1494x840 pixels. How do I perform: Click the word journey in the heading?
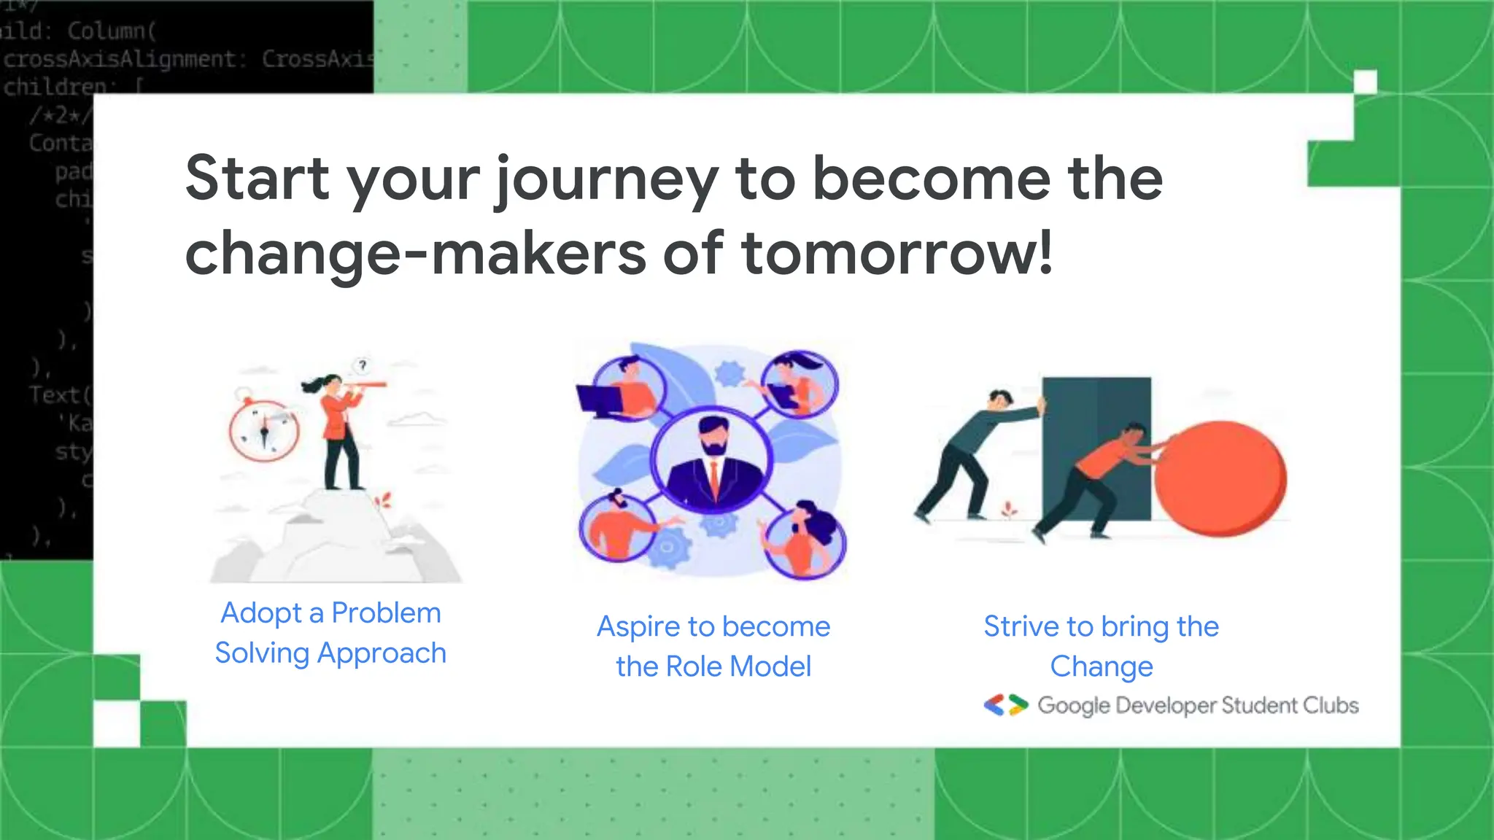[606, 179]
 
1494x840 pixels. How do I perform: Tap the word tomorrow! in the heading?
[897, 254]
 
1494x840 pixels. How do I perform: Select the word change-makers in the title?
[415, 254]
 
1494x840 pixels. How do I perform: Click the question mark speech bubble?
[363, 365]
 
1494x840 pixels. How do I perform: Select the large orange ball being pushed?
[1220, 478]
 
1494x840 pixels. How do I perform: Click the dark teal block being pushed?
[1096, 445]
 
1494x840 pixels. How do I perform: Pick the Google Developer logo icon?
[1005, 705]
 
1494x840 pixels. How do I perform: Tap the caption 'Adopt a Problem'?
[330, 613]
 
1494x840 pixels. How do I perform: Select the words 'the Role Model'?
[713, 666]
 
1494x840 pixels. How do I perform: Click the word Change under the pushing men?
[1101, 666]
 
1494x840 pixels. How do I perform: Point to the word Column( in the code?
[112, 31]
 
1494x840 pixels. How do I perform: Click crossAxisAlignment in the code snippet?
[120, 59]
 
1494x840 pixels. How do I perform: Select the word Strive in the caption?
[1021, 626]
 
